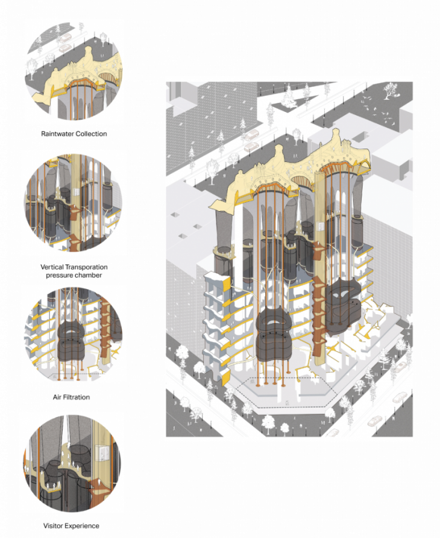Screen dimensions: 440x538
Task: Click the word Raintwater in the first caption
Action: (x=57, y=134)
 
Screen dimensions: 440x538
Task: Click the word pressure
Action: (x=59, y=275)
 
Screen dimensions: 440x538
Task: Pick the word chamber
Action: (x=88, y=275)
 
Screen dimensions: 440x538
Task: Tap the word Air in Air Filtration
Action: (x=57, y=397)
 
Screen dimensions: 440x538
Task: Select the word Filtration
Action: (x=77, y=397)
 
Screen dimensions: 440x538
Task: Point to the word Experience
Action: (x=82, y=526)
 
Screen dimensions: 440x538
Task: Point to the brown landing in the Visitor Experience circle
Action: (x=97, y=485)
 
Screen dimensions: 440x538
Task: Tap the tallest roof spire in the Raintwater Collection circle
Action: (x=88, y=55)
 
